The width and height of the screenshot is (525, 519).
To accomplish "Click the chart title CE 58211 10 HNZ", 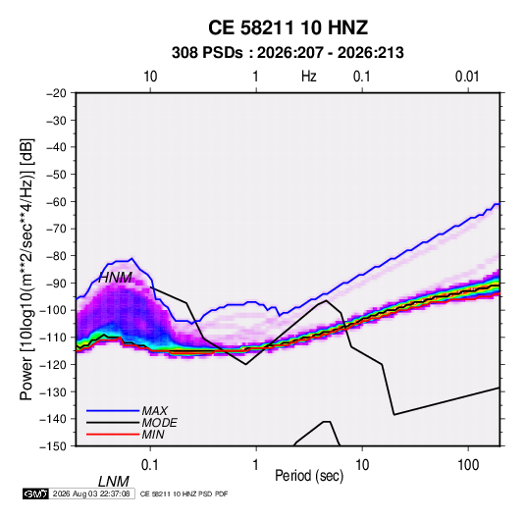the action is click(x=288, y=27).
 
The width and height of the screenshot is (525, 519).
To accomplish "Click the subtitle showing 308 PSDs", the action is click(x=288, y=53).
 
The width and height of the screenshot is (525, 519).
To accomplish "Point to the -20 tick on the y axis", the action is click(x=56, y=93).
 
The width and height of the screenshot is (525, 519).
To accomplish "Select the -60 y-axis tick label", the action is click(x=56, y=201).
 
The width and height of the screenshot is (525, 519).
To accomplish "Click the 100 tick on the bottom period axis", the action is click(x=468, y=465).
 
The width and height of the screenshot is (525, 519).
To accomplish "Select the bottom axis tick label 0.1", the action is click(x=150, y=465).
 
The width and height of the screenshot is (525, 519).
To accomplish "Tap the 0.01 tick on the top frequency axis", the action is click(x=467, y=77).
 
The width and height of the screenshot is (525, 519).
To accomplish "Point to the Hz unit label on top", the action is click(x=309, y=77).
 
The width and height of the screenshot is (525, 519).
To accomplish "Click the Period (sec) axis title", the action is click(x=309, y=476).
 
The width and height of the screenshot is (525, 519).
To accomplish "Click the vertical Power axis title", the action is click(x=26, y=269).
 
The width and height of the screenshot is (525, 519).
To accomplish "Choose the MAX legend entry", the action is click(x=155, y=410).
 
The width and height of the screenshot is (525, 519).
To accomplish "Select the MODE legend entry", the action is click(x=159, y=423).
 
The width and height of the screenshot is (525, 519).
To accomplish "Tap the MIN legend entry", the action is click(x=153, y=435).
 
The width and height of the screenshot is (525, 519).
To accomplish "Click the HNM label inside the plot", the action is click(x=115, y=278).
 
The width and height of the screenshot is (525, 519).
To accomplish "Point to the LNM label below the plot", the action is click(x=114, y=482).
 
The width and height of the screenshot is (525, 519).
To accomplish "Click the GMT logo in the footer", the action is click(x=35, y=493).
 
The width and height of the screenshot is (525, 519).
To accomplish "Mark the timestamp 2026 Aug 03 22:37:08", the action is click(x=91, y=493).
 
